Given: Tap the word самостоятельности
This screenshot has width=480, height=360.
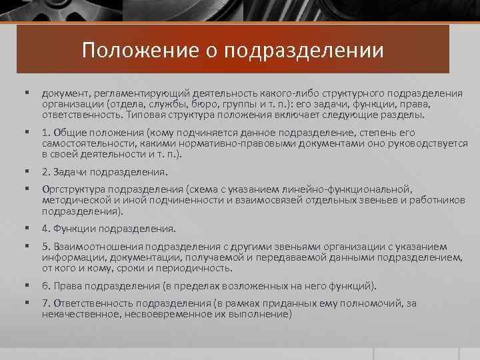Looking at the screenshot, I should (x=86, y=143).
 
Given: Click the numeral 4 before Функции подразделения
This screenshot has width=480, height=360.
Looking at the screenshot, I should (x=44, y=229).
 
